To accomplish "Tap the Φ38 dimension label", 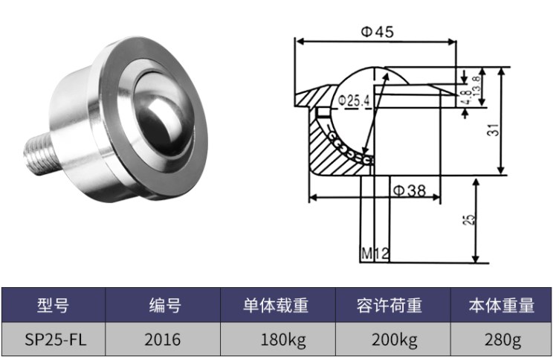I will (408, 190).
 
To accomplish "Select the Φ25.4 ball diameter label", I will (353, 100).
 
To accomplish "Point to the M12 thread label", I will (375, 254).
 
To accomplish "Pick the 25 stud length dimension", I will (468, 220).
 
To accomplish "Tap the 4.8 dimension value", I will (465, 97).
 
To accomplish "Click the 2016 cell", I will (164, 341).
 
